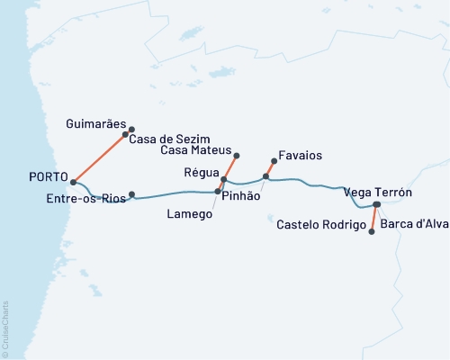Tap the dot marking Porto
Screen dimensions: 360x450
coord(73,182)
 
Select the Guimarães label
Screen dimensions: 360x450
coord(96,122)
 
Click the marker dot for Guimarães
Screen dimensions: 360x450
coord(132,129)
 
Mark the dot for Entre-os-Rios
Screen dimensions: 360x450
coord(132,194)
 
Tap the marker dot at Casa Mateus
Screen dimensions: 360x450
coord(237,156)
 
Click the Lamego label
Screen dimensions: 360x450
coord(192,214)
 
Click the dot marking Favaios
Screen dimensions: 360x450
coord(274,162)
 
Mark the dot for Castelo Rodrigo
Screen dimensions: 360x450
coord(372,231)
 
